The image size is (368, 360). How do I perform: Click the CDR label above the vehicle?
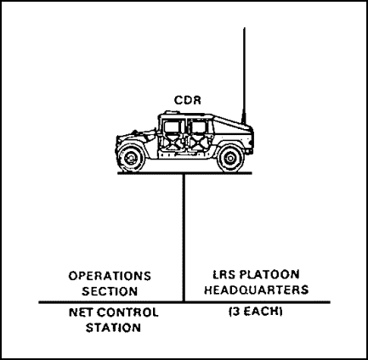point(187,100)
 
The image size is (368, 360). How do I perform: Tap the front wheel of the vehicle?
point(131,158)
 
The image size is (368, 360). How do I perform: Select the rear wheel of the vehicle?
point(230,158)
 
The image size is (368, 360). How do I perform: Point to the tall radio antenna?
point(244,76)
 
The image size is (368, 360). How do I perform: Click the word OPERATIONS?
point(110,276)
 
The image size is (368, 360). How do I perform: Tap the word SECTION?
point(110,291)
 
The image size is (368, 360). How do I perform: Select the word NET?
point(81,312)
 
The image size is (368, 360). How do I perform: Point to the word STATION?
point(113,328)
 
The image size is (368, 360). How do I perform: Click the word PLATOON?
point(269,274)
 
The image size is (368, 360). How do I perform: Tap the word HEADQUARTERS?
point(257,290)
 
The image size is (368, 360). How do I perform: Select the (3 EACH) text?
point(256,312)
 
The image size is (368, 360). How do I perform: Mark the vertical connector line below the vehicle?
point(184,238)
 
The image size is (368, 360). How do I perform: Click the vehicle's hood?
point(137,133)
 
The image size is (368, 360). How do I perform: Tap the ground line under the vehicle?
point(184,172)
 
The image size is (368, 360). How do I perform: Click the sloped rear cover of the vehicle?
point(231,122)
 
